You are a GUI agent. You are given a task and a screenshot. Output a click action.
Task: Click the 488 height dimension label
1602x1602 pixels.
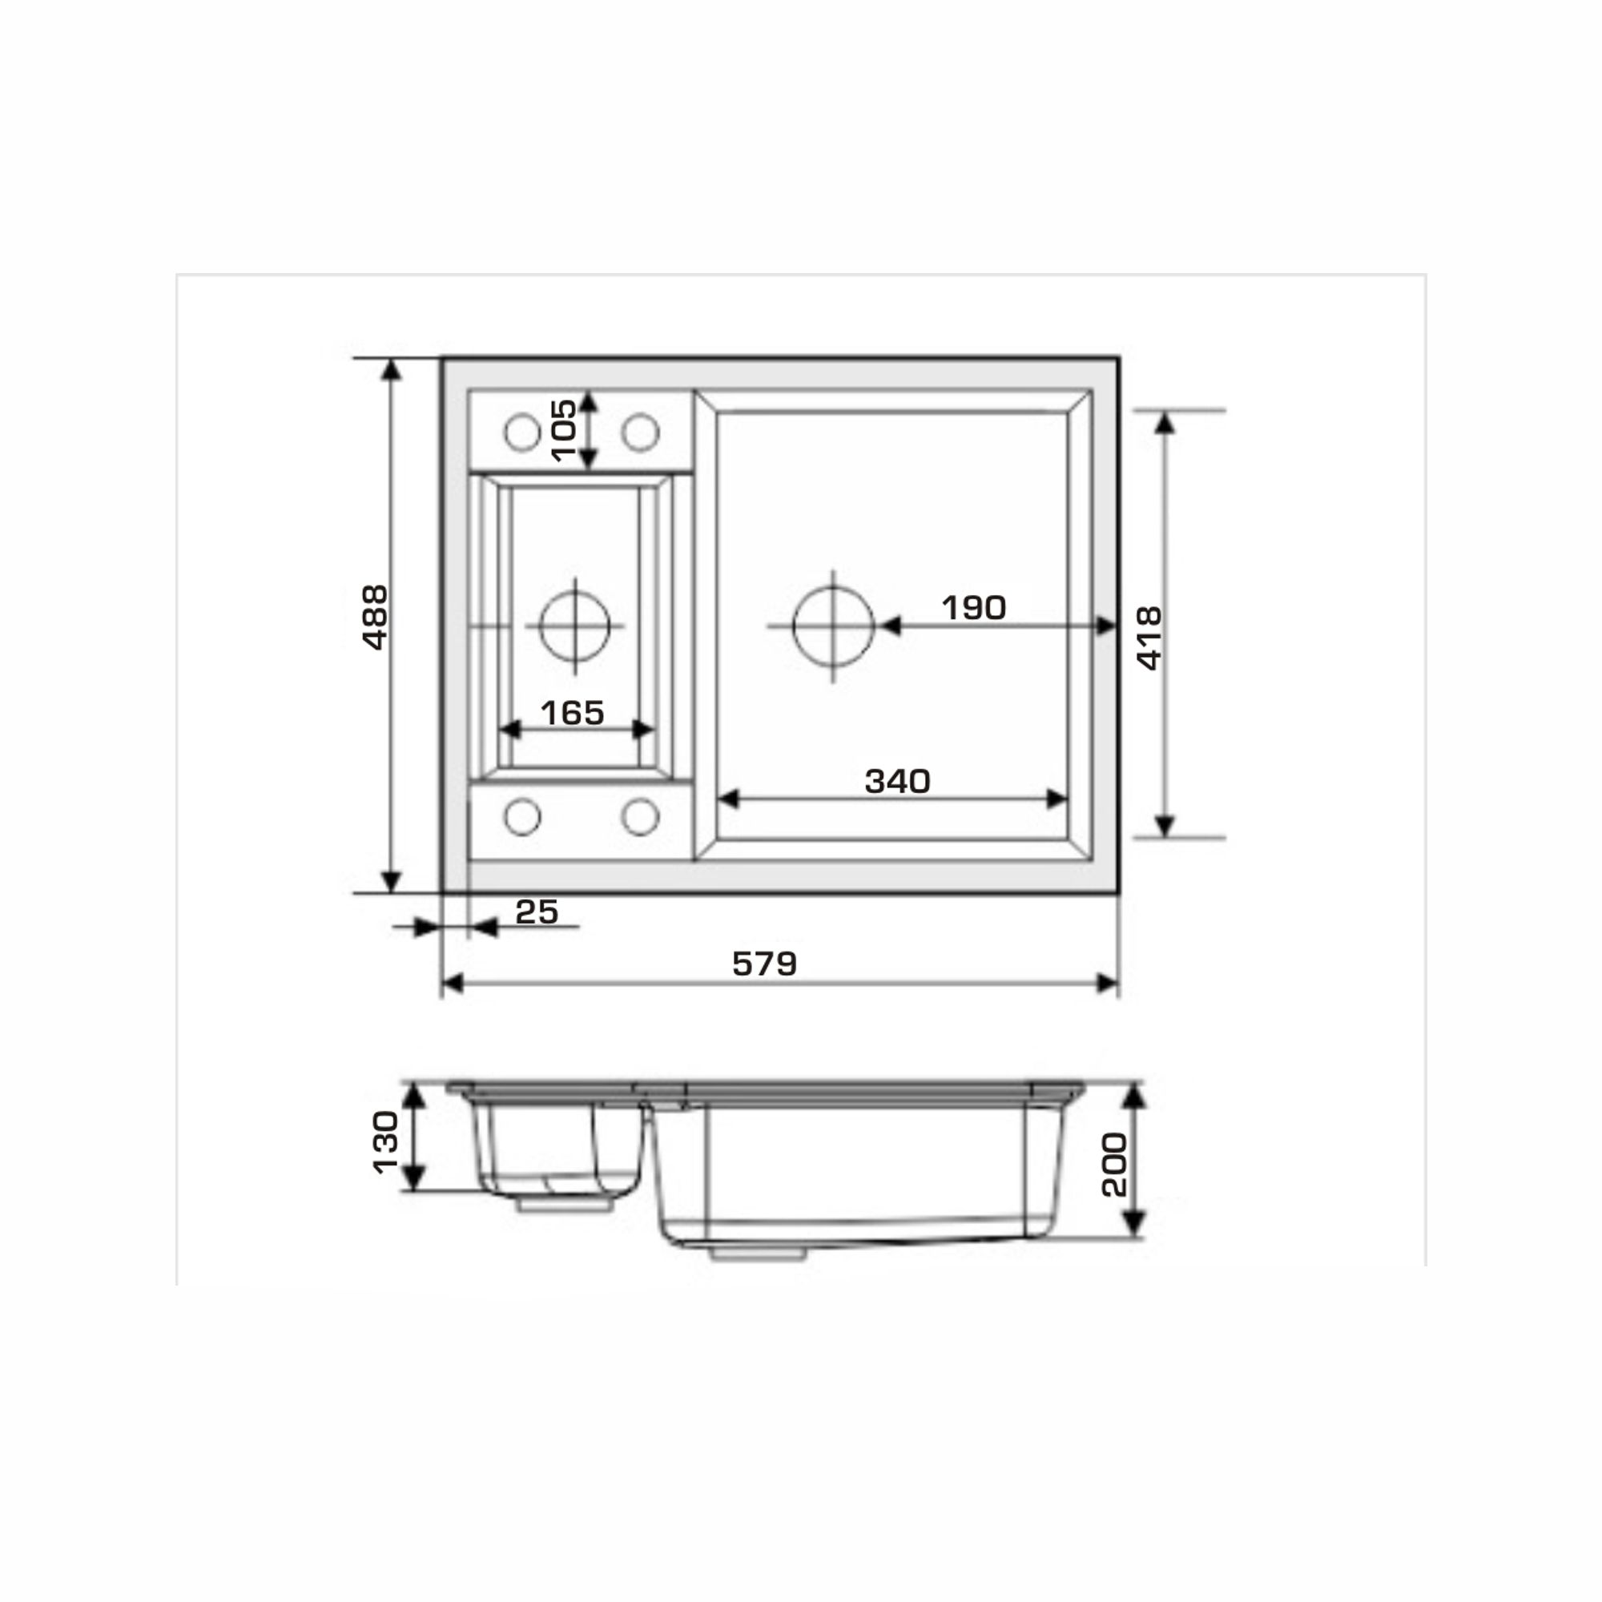coord(376,617)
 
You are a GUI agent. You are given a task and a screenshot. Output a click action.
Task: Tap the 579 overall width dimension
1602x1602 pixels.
coord(764,964)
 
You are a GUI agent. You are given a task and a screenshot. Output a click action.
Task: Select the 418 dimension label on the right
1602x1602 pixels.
coord(1149,638)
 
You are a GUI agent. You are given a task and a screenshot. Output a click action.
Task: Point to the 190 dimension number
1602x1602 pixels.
coord(973,608)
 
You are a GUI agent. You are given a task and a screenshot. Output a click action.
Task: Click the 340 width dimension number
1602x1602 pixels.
coord(897,780)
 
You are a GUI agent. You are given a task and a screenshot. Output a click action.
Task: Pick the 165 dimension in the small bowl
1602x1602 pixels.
coord(572,712)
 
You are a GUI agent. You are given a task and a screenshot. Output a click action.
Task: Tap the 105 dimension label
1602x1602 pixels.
coord(564,430)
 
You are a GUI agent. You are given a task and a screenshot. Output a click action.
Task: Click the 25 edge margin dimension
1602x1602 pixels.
coord(537,912)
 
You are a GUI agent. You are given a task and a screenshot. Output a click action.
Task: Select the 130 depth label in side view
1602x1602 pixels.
coord(385,1143)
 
